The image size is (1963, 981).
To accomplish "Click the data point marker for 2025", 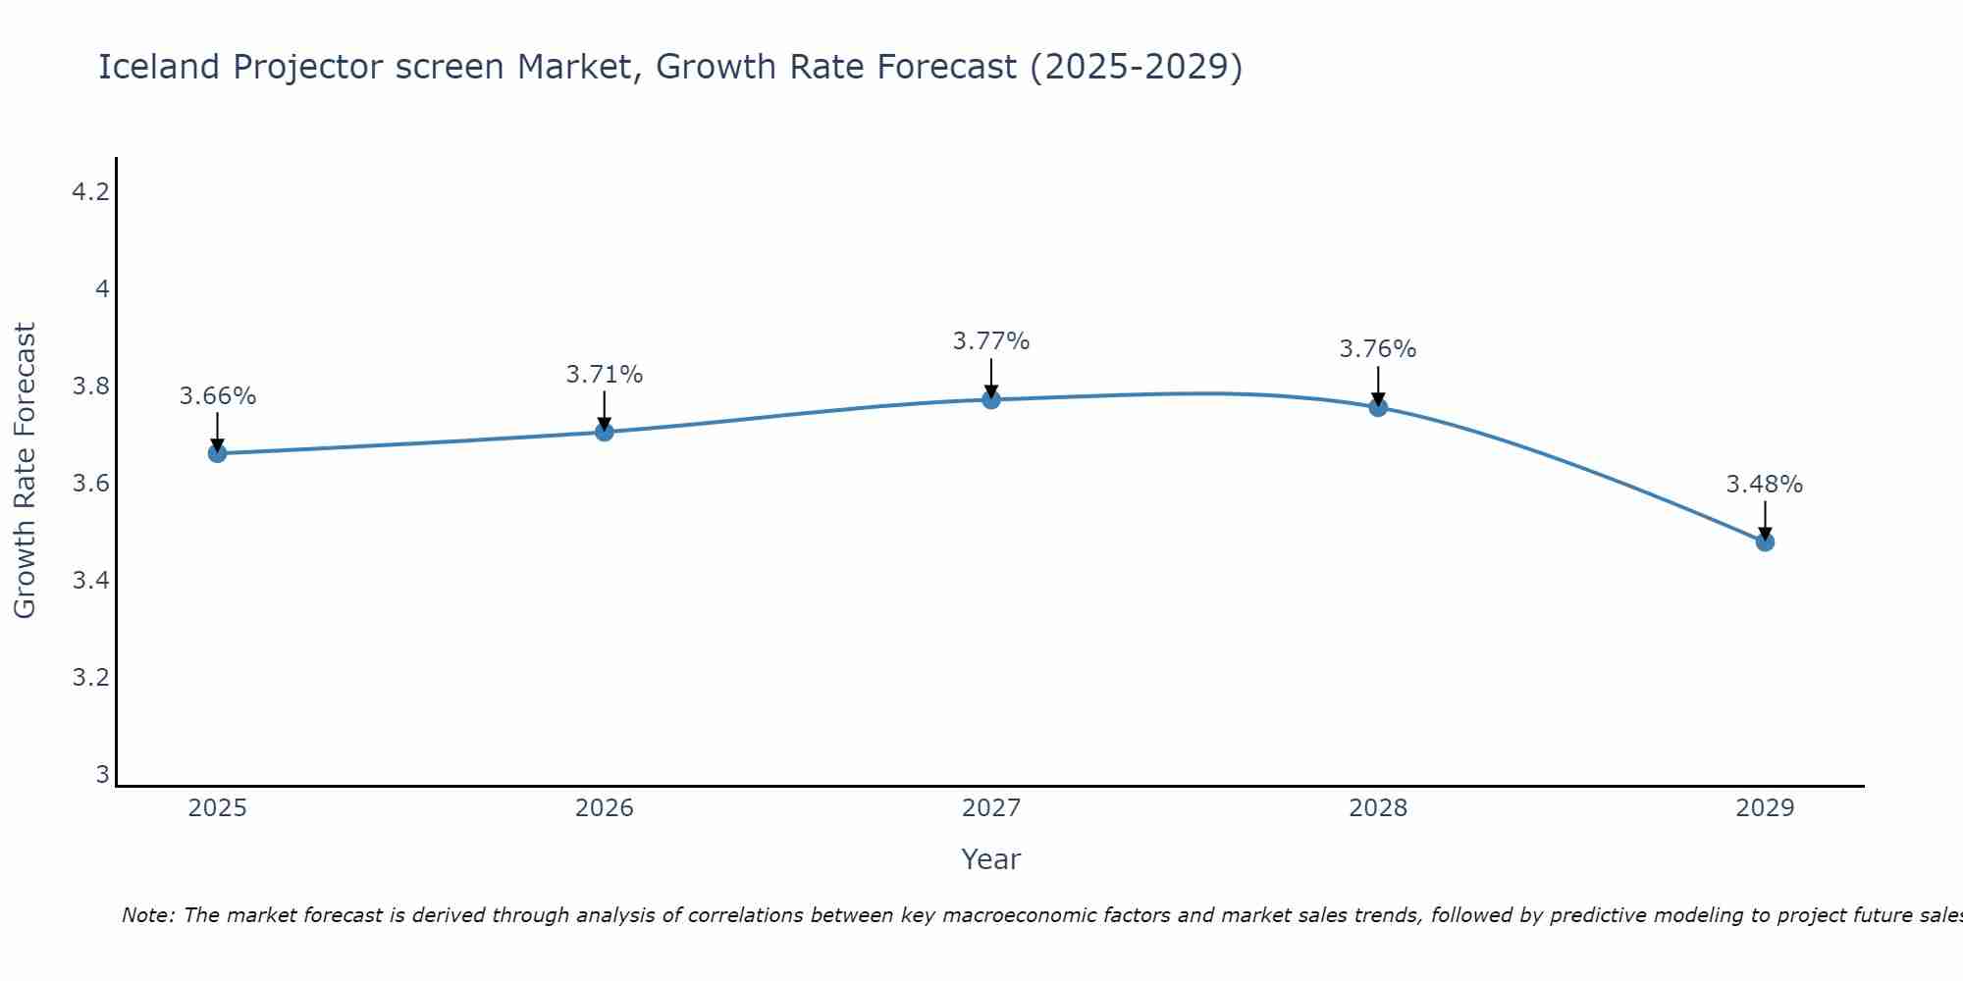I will click(x=217, y=453).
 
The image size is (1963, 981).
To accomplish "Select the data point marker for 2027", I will click(x=990, y=399).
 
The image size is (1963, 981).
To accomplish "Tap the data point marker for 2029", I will click(x=1764, y=542).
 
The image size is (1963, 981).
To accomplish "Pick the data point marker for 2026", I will click(x=604, y=432).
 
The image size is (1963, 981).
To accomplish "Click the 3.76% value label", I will click(x=1377, y=349).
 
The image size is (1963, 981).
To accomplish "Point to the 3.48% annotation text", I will click(x=1764, y=485).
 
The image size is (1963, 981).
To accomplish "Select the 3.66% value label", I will click(x=217, y=396).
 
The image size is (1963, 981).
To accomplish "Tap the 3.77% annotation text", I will click(x=990, y=341).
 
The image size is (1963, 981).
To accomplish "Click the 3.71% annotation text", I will click(x=604, y=375).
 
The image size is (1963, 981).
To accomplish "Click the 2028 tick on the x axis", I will click(x=1377, y=808).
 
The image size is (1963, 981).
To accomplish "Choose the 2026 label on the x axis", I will click(x=604, y=808).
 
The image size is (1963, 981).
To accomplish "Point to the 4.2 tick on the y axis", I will click(x=90, y=192).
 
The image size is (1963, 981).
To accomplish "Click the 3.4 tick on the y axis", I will click(x=90, y=581).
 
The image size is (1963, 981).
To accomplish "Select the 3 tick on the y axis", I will click(x=102, y=775).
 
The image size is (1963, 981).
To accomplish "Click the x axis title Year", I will click(x=990, y=859).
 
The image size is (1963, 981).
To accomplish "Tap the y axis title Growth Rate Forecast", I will click(x=25, y=471).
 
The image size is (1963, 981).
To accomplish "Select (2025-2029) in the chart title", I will click(x=1136, y=67).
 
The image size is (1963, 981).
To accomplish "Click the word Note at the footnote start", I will click(x=147, y=915).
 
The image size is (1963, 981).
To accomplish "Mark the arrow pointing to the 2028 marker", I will click(x=1377, y=385).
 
